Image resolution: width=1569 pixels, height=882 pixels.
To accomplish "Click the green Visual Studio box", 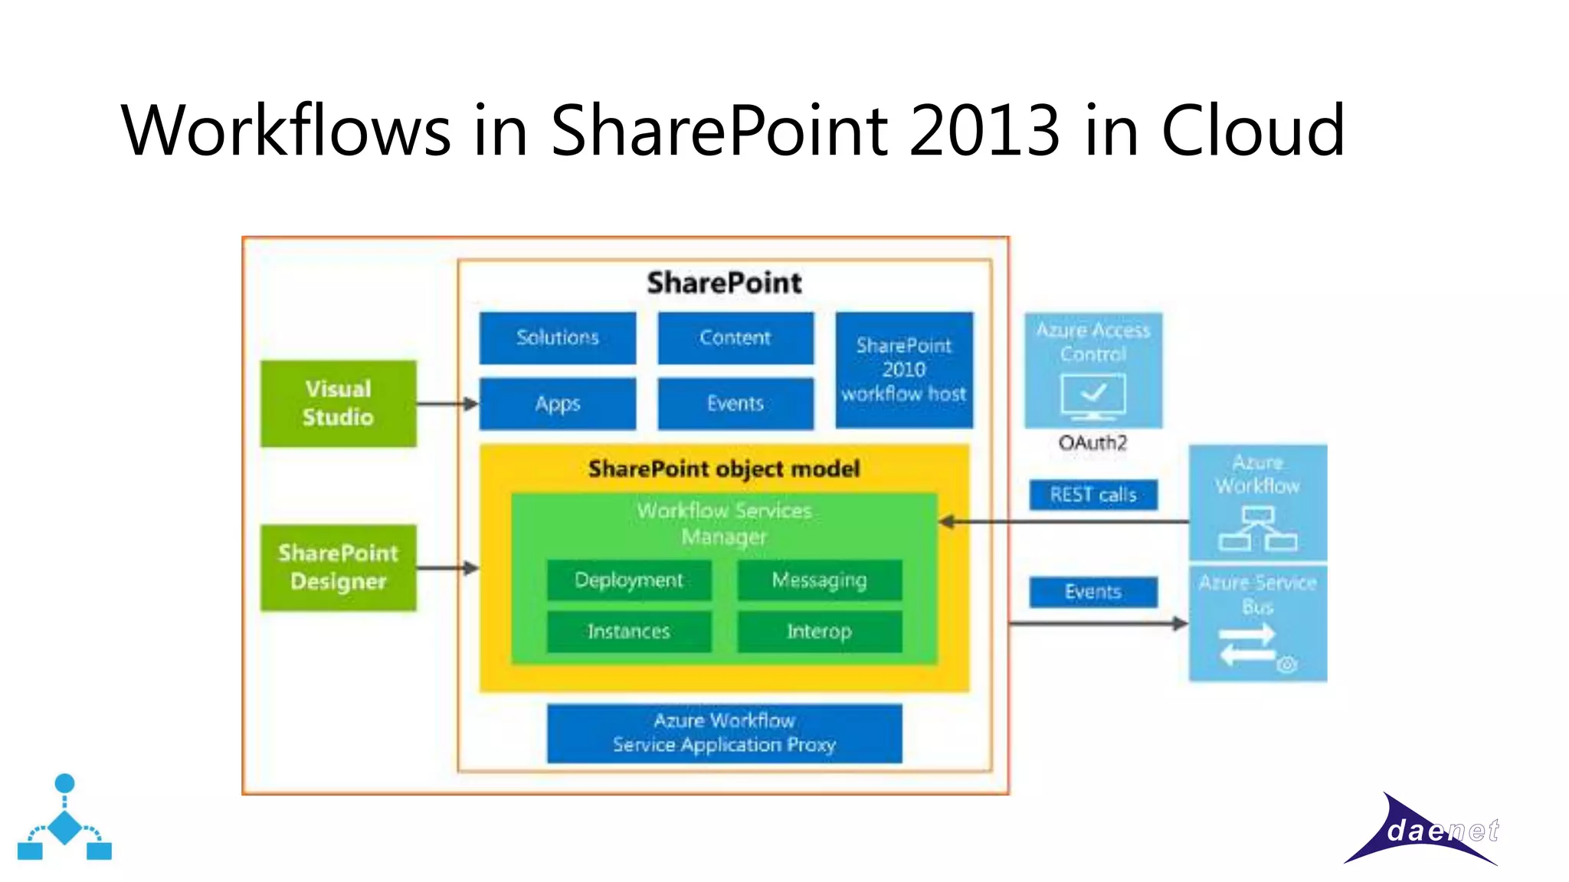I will [338, 403].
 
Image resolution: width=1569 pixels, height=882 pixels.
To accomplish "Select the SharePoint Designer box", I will [338, 567].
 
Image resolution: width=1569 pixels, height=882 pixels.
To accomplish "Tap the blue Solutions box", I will [557, 338].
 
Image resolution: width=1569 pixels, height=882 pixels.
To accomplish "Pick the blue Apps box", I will [557, 403].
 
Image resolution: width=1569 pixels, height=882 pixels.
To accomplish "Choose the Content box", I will [735, 338].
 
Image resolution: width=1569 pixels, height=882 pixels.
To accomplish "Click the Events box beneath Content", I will [735, 403].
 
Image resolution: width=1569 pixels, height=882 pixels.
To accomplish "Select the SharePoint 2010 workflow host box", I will [903, 370].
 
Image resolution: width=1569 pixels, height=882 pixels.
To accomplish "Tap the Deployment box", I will [628, 580].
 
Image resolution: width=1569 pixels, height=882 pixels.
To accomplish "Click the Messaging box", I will [819, 580].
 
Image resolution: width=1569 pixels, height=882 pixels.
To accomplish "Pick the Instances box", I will [628, 632].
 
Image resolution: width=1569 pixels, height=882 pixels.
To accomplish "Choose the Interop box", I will [819, 632].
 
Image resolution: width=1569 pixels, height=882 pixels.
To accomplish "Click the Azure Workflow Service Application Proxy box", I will [724, 733].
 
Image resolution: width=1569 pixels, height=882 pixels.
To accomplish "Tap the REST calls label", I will [1092, 495].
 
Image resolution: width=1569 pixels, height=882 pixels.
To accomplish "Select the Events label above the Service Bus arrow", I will [1092, 592].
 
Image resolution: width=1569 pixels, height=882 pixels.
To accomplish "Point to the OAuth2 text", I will [1092, 443].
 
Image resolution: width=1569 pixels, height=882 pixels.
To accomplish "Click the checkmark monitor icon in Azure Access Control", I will [1093, 396].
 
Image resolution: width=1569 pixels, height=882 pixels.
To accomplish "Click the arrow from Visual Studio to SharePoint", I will [447, 403].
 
